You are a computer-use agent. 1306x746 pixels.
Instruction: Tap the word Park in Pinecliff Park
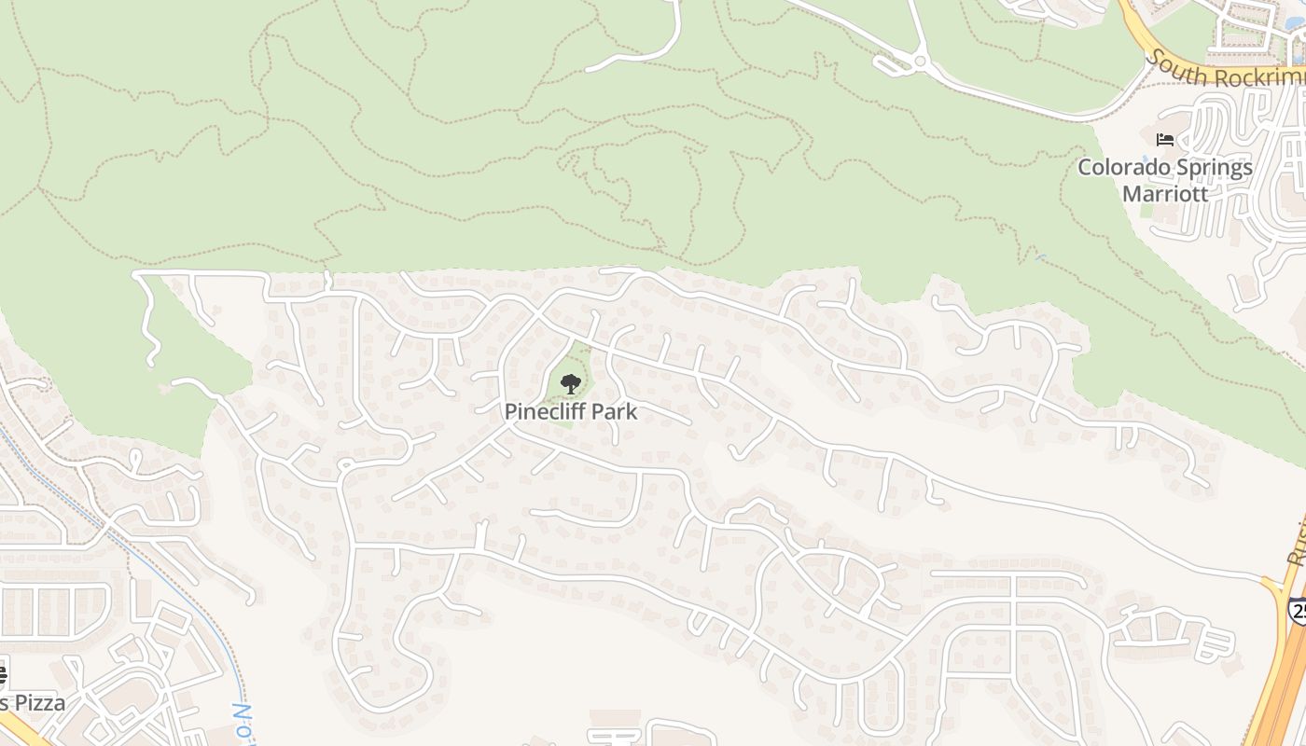click(x=615, y=411)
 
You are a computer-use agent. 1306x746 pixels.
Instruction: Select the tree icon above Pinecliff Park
click(x=570, y=383)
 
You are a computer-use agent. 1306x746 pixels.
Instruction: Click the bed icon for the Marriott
click(x=1164, y=140)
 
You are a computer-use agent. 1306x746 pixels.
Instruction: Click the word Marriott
click(x=1164, y=194)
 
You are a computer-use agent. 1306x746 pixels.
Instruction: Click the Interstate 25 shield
click(x=1298, y=611)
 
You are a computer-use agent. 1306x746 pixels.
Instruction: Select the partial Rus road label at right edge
click(x=1298, y=546)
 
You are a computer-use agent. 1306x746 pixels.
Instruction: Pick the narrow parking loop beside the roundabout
click(x=891, y=62)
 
